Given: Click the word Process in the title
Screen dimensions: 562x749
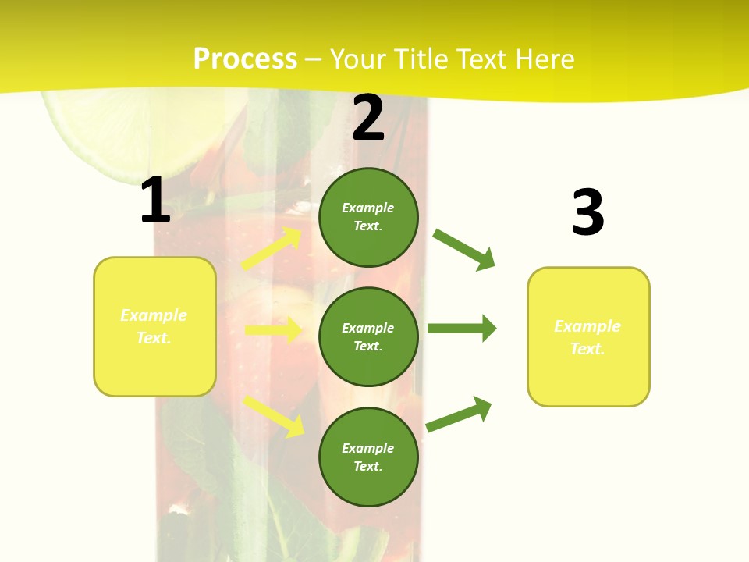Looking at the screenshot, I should (x=245, y=59).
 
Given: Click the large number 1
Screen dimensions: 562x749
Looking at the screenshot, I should (x=155, y=201).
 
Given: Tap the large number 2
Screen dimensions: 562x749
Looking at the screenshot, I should (x=368, y=118).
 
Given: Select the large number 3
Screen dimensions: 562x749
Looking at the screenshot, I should (x=587, y=212).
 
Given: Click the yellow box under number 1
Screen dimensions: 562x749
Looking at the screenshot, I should (x=154, y=326).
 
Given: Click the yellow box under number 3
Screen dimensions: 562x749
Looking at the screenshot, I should (x=588, y=336).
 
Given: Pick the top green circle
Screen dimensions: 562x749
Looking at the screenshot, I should (x=368, y=217).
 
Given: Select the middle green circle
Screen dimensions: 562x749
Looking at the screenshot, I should (x=368, y=336).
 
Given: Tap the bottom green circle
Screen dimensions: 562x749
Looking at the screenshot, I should (x=368, y=457).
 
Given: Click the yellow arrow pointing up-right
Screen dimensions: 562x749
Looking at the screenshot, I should (x=272, y=248).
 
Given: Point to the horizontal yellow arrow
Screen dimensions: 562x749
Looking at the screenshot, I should (x=273, y=330).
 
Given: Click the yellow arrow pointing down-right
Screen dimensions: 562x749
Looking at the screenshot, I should (x=274, y=416).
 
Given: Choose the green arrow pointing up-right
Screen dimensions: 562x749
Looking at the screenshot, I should (x=460, y=414).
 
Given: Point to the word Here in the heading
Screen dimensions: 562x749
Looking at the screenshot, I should (x=544, y=59).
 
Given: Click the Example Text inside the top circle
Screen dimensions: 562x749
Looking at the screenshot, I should (x=368, y=217).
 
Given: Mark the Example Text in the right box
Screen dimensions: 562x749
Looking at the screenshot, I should (x=588, y=337).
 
